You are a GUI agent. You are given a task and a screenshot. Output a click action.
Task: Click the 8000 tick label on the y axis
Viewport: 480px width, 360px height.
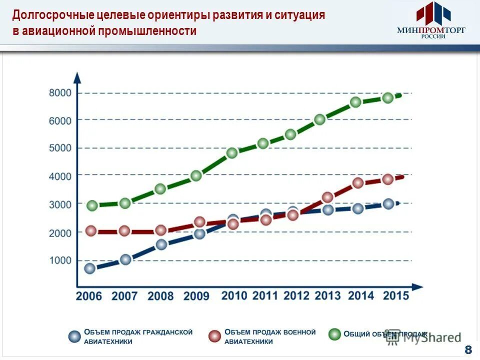(x=60, y=93)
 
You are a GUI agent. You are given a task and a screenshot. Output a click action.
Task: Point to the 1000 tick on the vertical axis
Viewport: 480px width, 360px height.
(x=60, y=260)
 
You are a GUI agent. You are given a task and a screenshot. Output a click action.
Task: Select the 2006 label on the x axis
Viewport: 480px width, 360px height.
(x=88, y=296)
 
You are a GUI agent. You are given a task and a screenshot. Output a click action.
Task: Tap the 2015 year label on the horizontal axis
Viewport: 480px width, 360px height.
(x=396, y=295)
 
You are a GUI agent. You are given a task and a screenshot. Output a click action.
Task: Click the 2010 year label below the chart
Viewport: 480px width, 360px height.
(x=234, y=295)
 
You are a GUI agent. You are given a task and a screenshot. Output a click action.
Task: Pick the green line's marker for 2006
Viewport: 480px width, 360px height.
(x=92, y=205)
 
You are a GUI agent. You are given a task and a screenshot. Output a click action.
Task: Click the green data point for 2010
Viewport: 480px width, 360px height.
(x=231, y=153)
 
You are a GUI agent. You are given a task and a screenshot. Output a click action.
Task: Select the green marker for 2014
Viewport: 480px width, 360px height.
(x=355, y=102)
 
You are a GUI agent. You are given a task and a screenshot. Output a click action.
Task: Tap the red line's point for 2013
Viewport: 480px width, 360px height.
(x=327, y=197)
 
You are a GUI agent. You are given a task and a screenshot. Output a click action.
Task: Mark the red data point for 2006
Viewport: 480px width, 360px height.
(x=90, y=230)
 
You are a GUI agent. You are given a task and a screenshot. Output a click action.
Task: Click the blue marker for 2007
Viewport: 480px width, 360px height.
(x=125, y=259)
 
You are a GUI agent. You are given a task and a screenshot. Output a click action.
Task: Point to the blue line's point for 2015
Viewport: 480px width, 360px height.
(x=388, y=203)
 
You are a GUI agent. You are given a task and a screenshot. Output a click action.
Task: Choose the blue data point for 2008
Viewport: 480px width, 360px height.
(x=161, y=244)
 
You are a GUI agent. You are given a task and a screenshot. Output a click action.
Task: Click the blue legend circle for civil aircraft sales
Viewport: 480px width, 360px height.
(x=74, y=336)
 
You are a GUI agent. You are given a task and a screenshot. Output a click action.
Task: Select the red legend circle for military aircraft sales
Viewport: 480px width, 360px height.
(x=215, y=336)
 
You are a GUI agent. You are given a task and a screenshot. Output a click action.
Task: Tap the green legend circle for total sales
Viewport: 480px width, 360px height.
(x=334, y=333)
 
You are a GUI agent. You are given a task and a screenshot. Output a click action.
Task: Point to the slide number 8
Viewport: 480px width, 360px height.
(x=468, y=349)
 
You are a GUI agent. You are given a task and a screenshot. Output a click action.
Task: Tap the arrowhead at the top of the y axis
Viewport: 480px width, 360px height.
(x=77, y=77)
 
